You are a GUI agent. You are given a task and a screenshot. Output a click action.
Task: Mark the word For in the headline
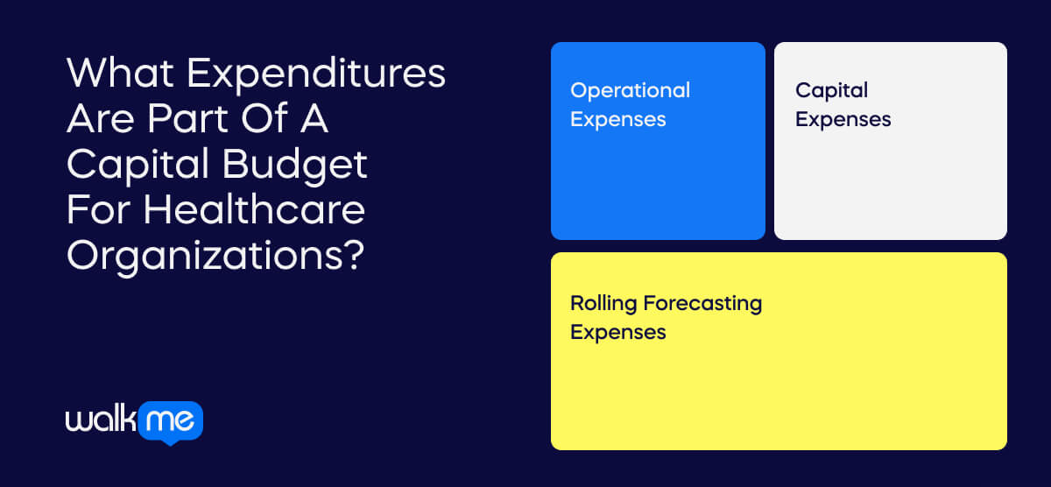[x=100, y=211]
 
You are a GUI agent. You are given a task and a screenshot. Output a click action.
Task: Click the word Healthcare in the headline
[x=255, y=211]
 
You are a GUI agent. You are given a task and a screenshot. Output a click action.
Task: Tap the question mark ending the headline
[x=352, y=256]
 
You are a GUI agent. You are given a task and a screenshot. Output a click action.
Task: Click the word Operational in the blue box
[x=630, y=91]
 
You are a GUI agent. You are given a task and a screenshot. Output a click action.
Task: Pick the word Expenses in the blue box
[x=617, y=120]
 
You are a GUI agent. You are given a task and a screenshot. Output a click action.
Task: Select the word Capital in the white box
[x=831, y=91]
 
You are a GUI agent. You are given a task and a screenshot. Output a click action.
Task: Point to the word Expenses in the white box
[x=843, y=120]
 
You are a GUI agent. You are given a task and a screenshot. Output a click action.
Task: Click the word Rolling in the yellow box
[x=603, y=304]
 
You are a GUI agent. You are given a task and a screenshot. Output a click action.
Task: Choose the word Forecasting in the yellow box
[x=702, y=304]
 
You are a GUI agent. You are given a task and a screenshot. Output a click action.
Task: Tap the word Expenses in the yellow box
[x=617, y=333]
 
